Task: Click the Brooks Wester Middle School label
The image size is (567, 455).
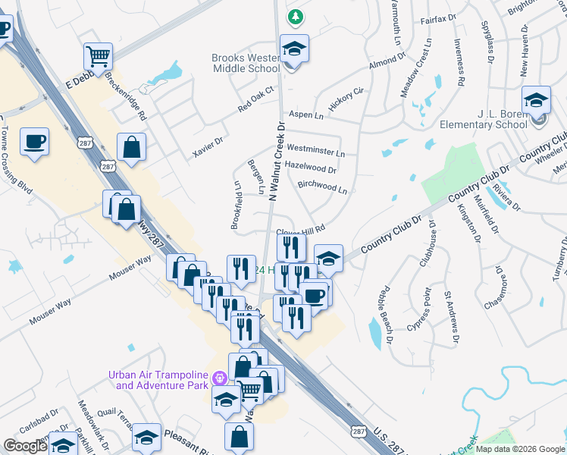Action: pyautogui.click(x=246, y=63)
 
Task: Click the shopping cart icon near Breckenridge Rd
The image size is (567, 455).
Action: pyautogui.click(x=99, y=55)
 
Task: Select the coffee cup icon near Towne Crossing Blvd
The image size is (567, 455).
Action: pyautogui.click(x=35, y=142)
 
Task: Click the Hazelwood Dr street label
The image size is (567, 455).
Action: pyautogui.click(x=310, y=168)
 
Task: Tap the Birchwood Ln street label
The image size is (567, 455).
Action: pyautogui.click(x=322, y=187)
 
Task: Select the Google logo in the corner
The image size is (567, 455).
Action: pyautogui.click(x=26, y=446)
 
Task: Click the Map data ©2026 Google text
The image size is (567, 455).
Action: pyautogui.click(x=520, y=449)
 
